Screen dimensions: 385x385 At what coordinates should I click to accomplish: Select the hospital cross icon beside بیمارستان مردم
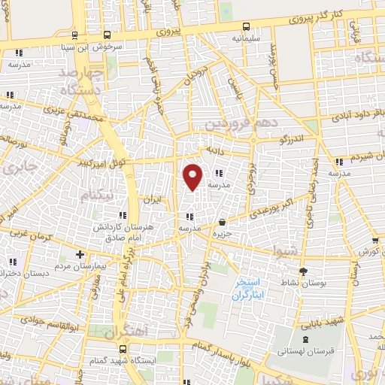point(80,255)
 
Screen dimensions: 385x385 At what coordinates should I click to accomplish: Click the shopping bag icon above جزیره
point(222,222)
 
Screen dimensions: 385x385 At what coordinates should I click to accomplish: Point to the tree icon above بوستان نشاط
point(303,271)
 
